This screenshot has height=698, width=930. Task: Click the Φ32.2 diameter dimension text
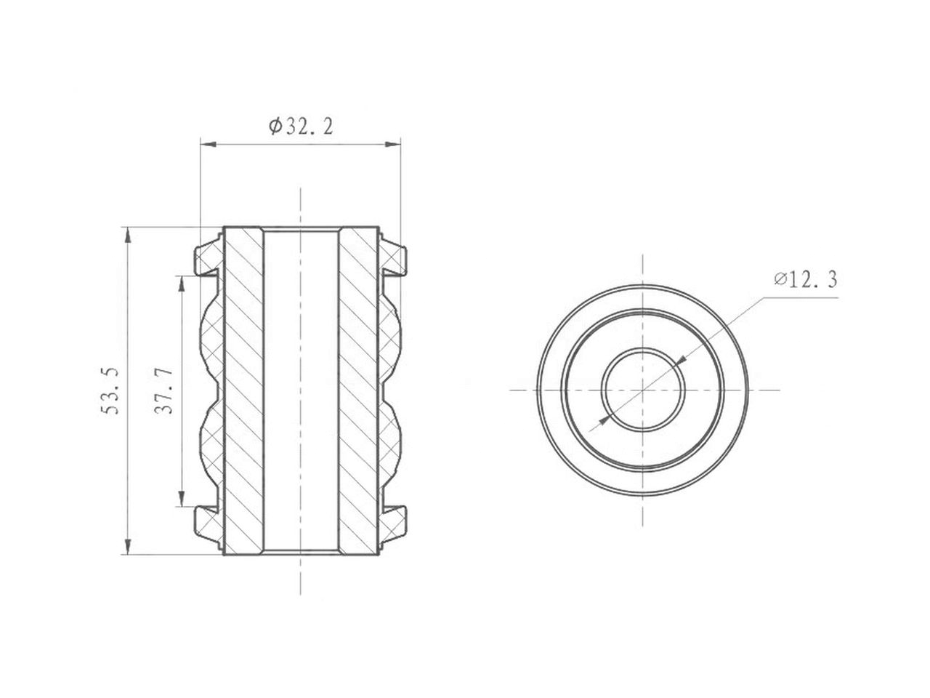click(x=301, y=127)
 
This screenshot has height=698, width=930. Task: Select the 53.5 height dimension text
click(x=109, y=390)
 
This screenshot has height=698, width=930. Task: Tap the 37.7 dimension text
click(x=163, y=390)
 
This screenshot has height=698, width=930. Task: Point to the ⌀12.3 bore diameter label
click(x=806, y=280)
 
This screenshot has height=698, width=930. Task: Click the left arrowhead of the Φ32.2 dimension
click(x=208, y=145)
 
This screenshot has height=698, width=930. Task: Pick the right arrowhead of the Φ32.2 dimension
click(x=392, y=145)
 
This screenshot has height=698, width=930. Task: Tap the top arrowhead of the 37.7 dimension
click(x=182, y=284)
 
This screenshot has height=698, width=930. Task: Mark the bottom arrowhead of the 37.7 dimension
click(x=182, y=498)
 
